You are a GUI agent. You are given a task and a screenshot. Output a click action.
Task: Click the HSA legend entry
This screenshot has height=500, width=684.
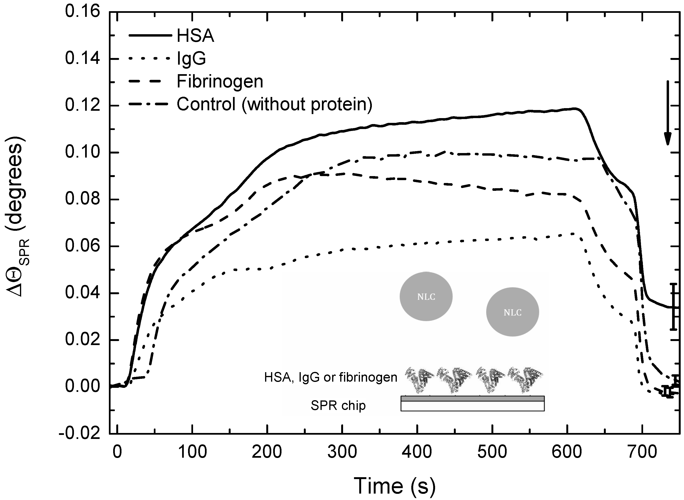point(195,36)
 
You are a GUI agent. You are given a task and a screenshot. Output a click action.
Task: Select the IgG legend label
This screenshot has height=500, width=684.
point(191,59)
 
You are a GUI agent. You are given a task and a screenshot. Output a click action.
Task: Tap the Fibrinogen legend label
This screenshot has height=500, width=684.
point(220,82)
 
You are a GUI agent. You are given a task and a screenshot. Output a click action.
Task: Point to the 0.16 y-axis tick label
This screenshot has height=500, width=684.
point(82,12)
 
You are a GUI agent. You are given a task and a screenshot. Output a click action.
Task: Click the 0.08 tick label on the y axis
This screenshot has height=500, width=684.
point(82,200)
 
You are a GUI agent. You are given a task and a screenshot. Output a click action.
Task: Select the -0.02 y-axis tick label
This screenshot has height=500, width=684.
point(79,434)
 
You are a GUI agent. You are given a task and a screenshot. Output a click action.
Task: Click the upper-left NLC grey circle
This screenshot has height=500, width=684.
point(426,296)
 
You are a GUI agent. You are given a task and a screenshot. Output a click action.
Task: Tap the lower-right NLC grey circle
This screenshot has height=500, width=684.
point(512,312)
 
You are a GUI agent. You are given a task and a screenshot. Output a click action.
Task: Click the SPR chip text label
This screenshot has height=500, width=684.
point(338,406)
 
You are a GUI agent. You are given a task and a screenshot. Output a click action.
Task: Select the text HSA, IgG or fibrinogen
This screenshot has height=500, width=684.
point(330,377)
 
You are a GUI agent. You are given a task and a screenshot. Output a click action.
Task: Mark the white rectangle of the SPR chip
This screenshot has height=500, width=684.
point(472,406)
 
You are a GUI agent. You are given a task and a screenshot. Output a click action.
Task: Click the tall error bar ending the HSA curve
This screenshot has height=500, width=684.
point(673,307)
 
